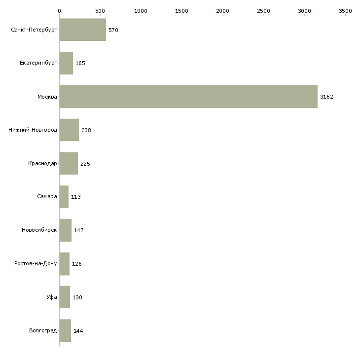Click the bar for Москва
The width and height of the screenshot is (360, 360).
pos(188,97)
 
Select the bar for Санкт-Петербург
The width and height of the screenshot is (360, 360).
pos(82,30)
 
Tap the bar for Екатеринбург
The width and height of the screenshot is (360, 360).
pos(66,63)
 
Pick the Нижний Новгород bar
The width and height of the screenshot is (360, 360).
pos(69,130)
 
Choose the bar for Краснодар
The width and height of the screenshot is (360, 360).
pos(69,163)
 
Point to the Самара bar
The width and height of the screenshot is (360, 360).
pos(64,197)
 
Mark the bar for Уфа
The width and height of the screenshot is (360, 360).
pos(65,297)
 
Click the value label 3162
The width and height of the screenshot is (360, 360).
pos(326,97)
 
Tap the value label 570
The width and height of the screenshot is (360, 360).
pos(113,30)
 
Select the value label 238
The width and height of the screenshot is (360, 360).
pos(86,130)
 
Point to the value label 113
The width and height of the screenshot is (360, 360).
pos(76,197)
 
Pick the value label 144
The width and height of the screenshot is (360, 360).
pos(78,330)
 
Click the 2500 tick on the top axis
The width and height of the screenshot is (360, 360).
pos(264,10)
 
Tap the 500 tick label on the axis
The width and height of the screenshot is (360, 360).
pos(100,10)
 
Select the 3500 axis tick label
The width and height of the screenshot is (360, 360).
pos(345,10)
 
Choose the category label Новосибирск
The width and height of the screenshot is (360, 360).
pos(39,230)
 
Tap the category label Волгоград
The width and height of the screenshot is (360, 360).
pos(43,330)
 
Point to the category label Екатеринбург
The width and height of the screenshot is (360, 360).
pos(38,63)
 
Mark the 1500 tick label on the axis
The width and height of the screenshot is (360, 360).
pos(182,10)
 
